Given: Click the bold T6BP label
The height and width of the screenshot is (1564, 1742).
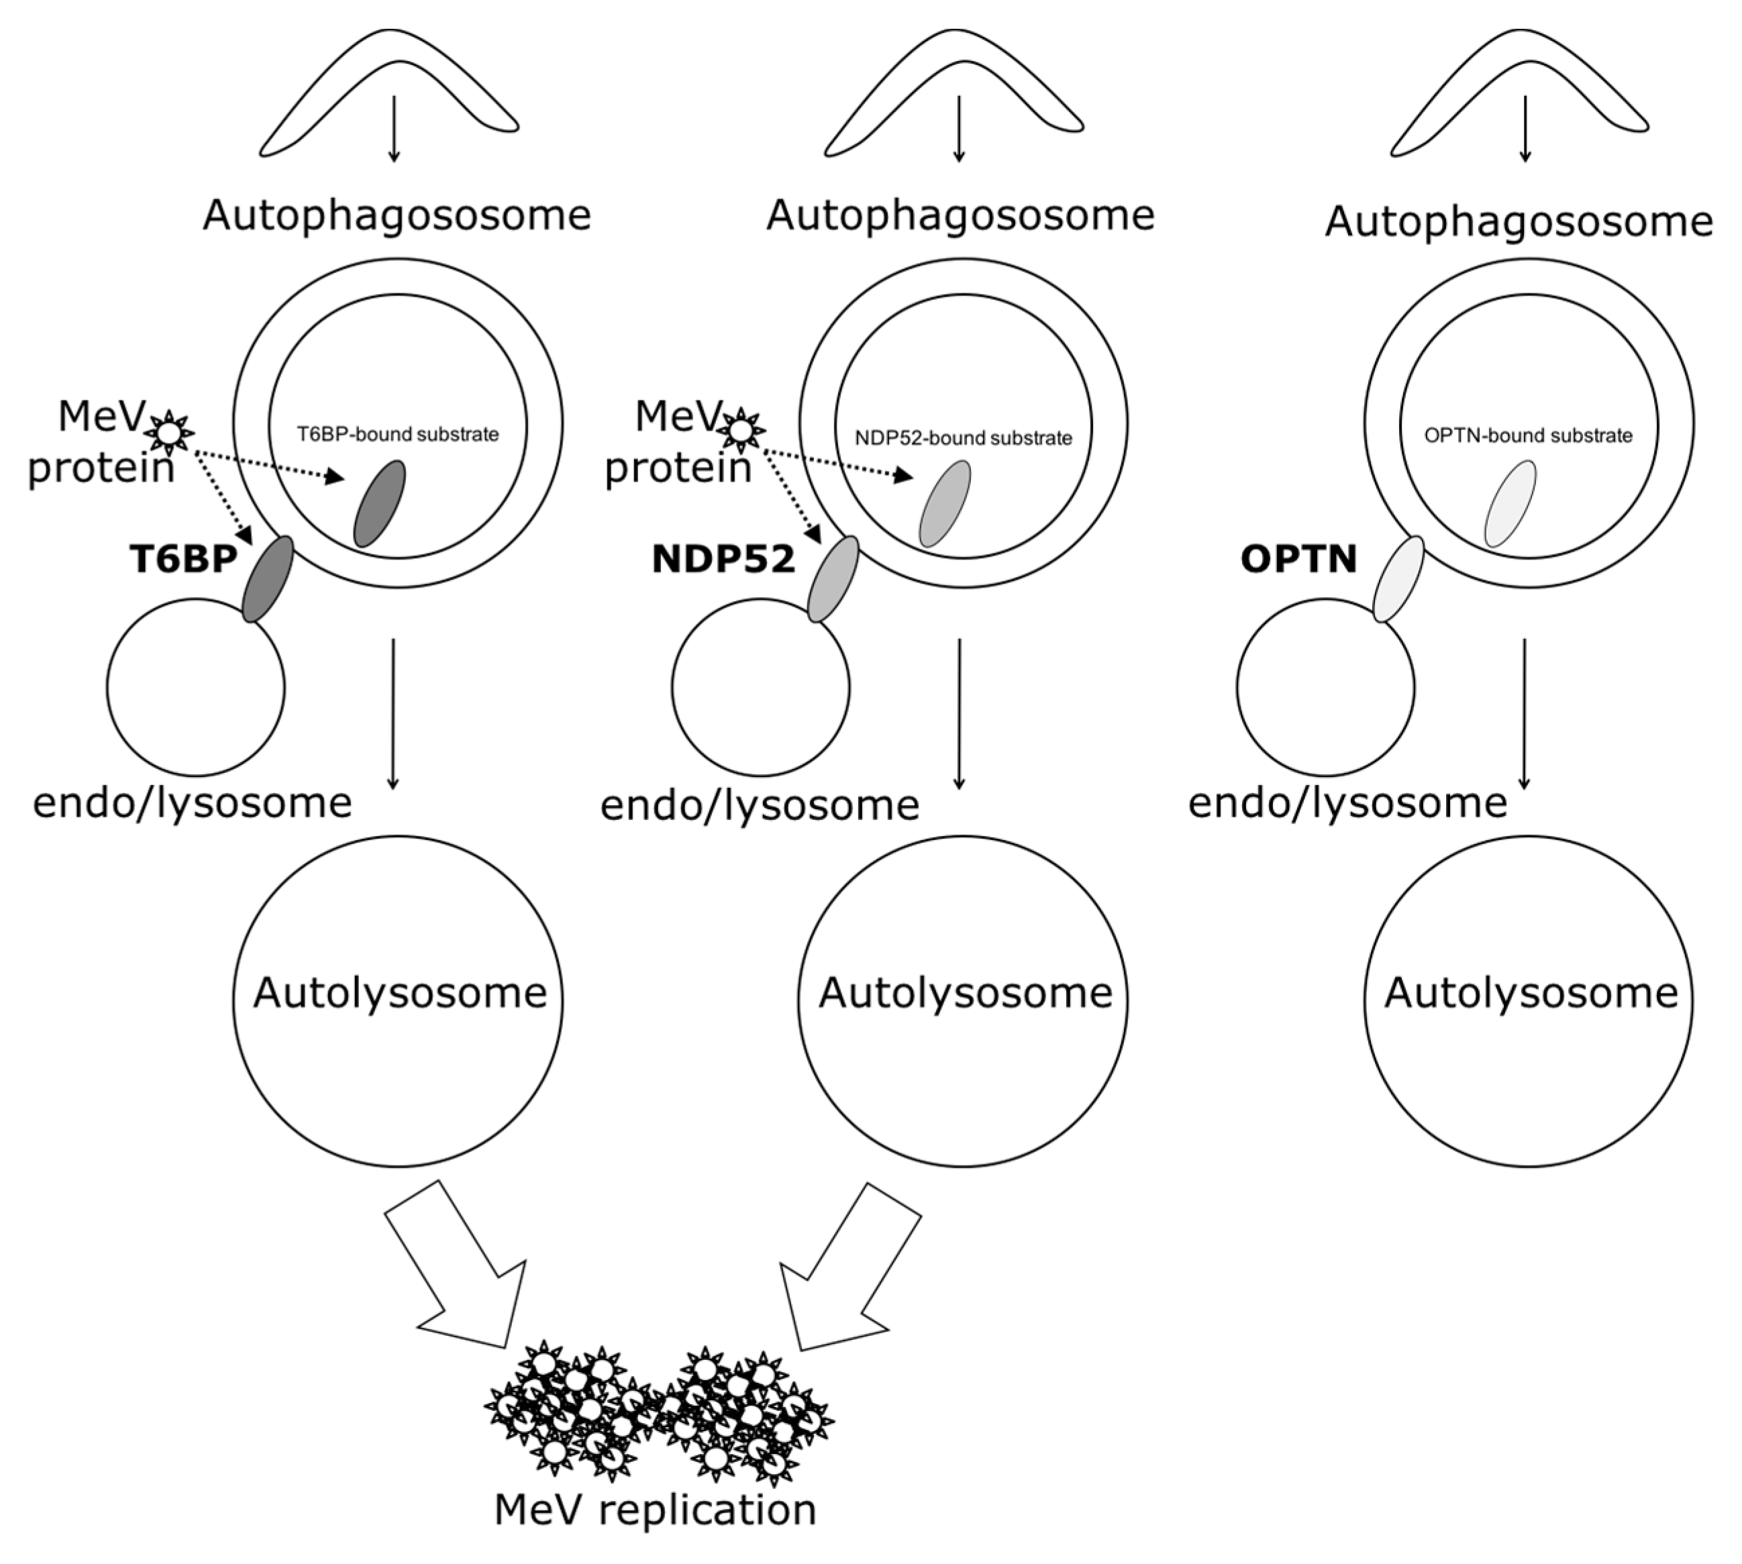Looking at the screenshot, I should click(183, 560).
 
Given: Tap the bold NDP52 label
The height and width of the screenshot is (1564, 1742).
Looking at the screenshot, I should click(723, 560).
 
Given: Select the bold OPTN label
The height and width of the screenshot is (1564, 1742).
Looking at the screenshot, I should click(1298, 560).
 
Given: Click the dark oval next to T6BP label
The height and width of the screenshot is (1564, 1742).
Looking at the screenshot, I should click(267, 579).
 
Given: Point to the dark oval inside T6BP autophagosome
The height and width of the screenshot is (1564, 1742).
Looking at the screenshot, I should click(380, 504).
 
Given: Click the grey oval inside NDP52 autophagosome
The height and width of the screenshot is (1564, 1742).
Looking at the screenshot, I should click(945, 504).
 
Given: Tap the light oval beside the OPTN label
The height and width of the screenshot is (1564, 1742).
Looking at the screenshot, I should click(1397, 579).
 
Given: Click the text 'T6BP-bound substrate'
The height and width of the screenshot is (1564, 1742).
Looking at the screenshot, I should click(398, 434).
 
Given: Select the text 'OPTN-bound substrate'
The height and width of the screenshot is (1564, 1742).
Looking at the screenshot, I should click(1528, 435).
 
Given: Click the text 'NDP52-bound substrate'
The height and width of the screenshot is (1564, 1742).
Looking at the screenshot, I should click(964, 438).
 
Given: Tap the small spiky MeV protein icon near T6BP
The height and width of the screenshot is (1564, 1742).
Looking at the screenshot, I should click(169, 431).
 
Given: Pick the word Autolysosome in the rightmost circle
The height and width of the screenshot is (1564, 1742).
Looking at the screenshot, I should click(1531, 994).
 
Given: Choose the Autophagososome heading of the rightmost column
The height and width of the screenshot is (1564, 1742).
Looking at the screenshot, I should click(1519, 221).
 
